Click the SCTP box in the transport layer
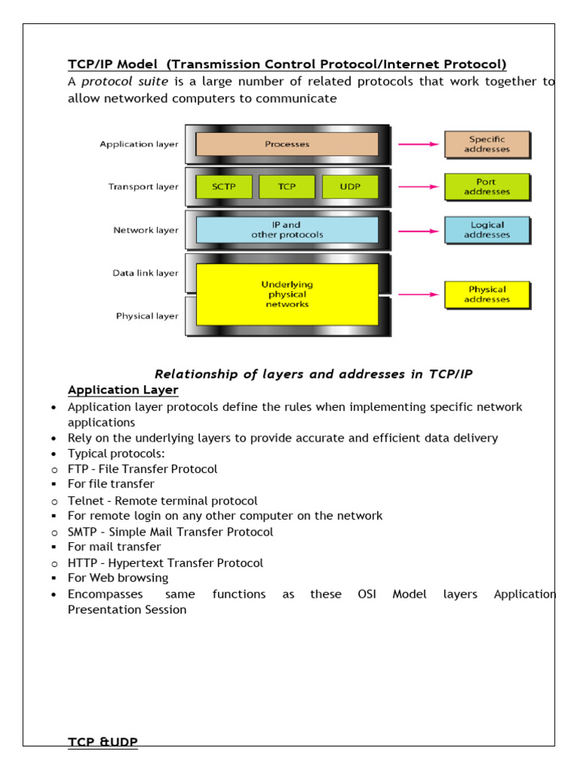click(224, 187)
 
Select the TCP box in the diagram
click(287, 187)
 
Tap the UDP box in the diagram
click(350, 187)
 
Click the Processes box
click(287, 144)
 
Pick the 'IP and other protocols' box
click(287, 230)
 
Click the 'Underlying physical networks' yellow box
click(287, 294)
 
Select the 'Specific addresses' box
click(487, 144)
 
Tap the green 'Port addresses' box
click(487, 187)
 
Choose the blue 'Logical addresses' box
click(487, 230)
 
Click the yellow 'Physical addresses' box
click(487, 294)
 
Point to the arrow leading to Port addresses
click(417, 187)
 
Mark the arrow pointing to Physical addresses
click(417, 294)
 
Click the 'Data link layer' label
click(146, 273)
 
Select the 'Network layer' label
click(146, 231)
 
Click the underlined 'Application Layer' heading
click(123, 390)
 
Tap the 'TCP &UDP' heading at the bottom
click(103, 742)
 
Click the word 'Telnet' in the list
click(85, 501)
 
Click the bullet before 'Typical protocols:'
click(53, 454)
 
